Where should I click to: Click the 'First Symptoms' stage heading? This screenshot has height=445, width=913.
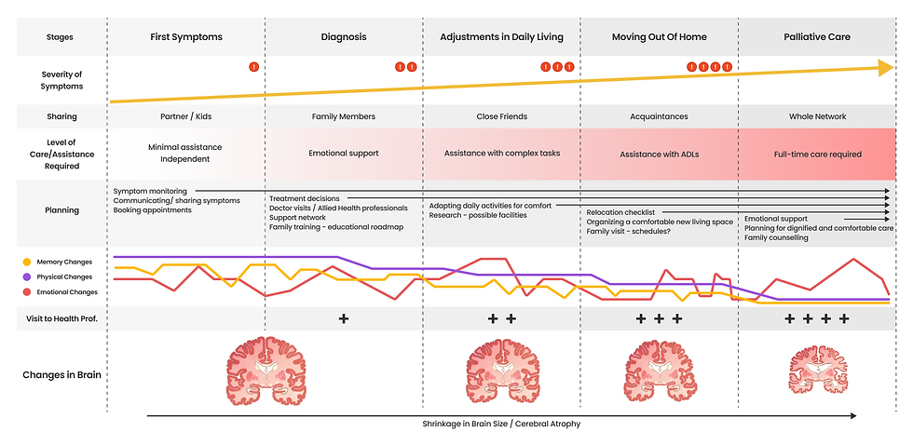tap(186, 37)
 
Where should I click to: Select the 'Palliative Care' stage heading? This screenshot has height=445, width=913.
tap(817, 37)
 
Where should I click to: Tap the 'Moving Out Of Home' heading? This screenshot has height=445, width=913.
tap(659, 37)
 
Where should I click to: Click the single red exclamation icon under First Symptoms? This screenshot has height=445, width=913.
tap(253, 67)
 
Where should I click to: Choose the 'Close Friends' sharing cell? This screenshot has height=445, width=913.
tap(501, 116)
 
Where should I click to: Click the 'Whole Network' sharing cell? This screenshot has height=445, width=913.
tap(817, 116)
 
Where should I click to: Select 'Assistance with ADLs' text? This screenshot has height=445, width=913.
tap(659, 154)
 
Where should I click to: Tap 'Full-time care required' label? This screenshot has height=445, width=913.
tap(817, 154)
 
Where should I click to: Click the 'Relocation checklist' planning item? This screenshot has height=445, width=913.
tap(620, 212)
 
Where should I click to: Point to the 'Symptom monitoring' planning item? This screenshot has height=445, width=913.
tap(150, 191)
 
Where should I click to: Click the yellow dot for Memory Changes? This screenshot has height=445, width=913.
tap(27, 262)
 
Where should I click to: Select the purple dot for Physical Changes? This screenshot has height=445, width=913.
tap(27, 276)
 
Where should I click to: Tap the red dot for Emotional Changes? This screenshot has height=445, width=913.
tap(27, 291)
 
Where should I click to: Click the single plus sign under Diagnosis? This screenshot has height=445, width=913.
tap(344, 318)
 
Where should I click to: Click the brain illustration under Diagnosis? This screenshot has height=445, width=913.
tap(266, 367)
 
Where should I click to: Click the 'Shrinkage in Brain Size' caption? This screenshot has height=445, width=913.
tap(501, 424)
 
